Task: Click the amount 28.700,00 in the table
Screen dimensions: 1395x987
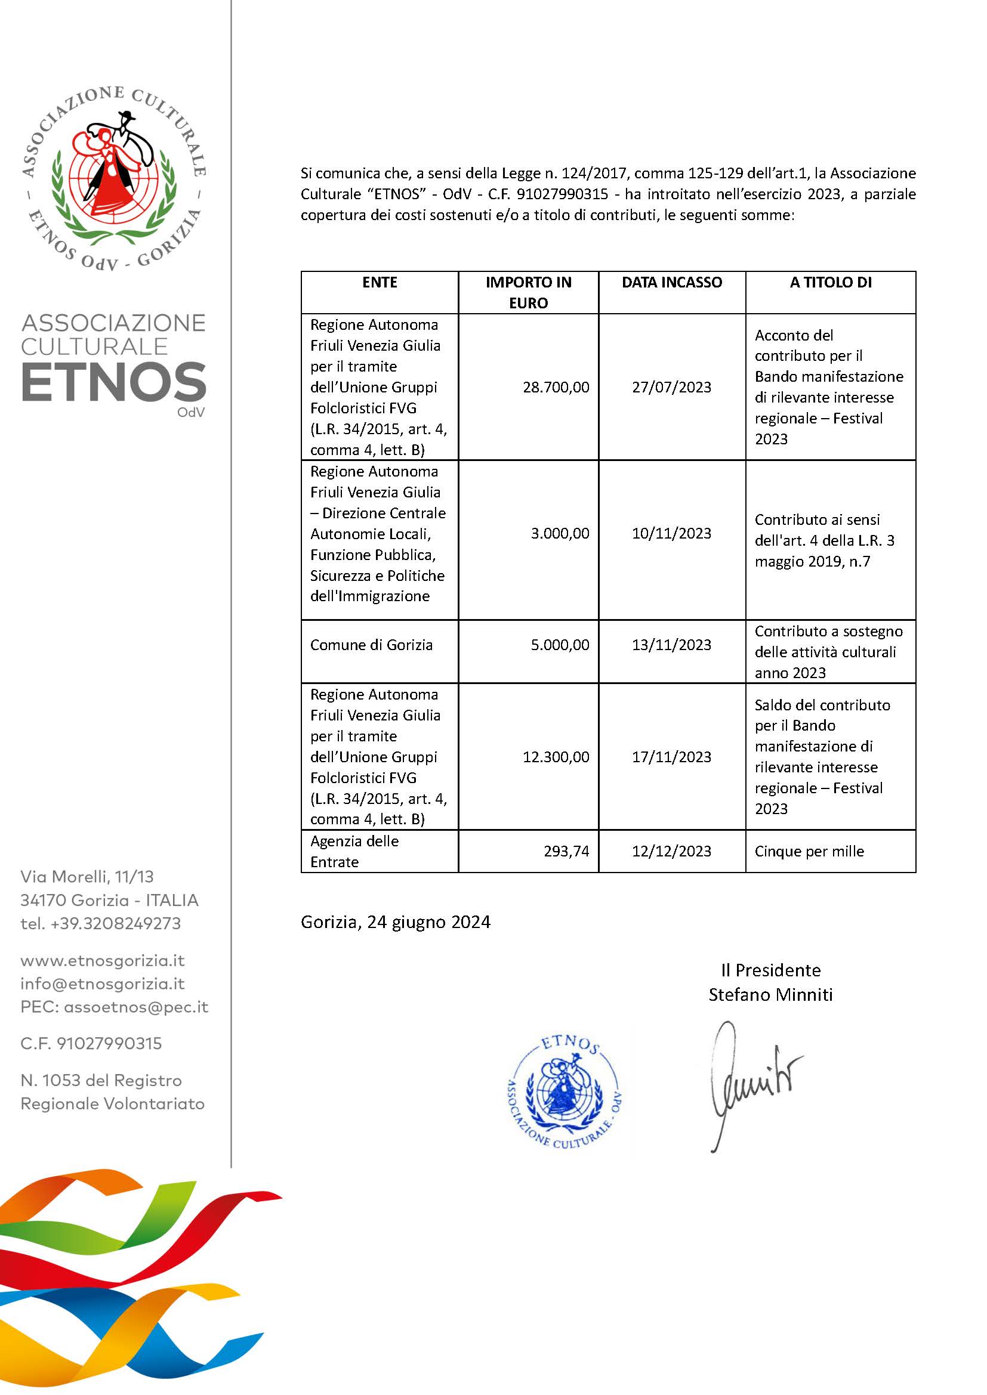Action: click(556, 387)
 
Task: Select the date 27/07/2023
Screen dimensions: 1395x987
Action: click(671, 387)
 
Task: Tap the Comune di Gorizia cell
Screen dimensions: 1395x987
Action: click(371, 645)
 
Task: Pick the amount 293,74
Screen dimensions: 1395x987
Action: click(566, 851)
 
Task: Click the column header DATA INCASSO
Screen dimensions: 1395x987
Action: click(671, 282)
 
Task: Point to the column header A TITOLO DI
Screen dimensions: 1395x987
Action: click(830, 282)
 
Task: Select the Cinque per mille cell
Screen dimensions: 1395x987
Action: click(809, 851)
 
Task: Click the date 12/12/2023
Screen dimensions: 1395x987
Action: click(671, 851)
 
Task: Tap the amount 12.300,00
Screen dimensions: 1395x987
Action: click(556, 756)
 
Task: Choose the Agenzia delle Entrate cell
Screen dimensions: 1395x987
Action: click(354, 851)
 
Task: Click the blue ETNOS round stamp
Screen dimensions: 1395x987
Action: click(564, 1092)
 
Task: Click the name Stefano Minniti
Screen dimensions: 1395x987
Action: click(770, 995)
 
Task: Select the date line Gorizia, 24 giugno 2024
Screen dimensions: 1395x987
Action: click(395, 921)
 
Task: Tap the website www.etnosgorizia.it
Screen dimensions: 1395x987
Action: click(102, 961)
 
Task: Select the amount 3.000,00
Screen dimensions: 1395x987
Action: click(560, 533)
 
